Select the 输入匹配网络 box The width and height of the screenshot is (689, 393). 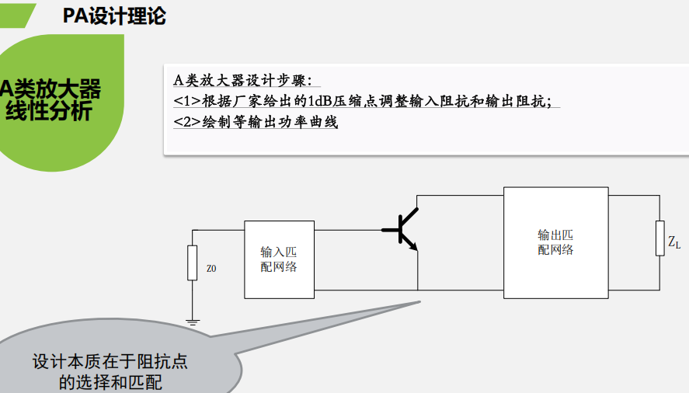[279, 259]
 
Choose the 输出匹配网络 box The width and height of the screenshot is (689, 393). [555, 242]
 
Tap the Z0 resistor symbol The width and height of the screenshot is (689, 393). [192, 263]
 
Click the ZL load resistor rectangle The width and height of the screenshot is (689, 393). [659, 238]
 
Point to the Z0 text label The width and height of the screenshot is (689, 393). [211, 269]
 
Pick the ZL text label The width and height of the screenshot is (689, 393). [674, 244]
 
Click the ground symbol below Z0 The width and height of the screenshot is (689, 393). [192, 319]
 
